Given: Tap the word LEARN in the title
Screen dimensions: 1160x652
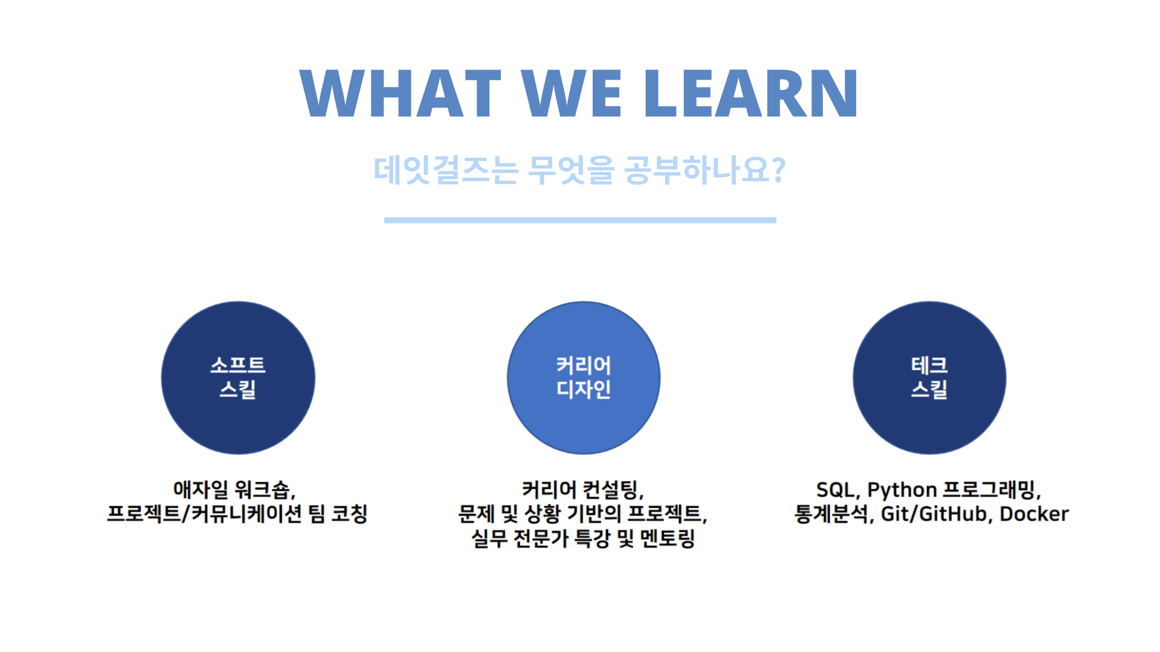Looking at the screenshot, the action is tap(750, 93).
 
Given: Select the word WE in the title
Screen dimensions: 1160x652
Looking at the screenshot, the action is tap(572, 93).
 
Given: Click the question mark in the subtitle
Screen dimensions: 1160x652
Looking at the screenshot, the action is tap(779, 170).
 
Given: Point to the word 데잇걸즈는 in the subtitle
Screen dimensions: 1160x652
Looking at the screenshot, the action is tap(446, 170).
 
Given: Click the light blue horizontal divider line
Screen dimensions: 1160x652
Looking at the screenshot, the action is tap(580, 220).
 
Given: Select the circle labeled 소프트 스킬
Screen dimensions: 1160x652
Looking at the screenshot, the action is tap(238, 378).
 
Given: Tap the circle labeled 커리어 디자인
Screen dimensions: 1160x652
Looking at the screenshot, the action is tap(584, 378).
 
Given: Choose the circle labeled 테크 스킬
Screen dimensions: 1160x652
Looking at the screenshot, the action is tap(929, 378).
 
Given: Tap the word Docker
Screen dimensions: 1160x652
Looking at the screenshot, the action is tap(1034, 514).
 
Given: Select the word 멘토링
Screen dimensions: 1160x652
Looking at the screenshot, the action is tap(667, 538).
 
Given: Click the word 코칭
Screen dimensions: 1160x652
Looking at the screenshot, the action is tap(349, 514).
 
